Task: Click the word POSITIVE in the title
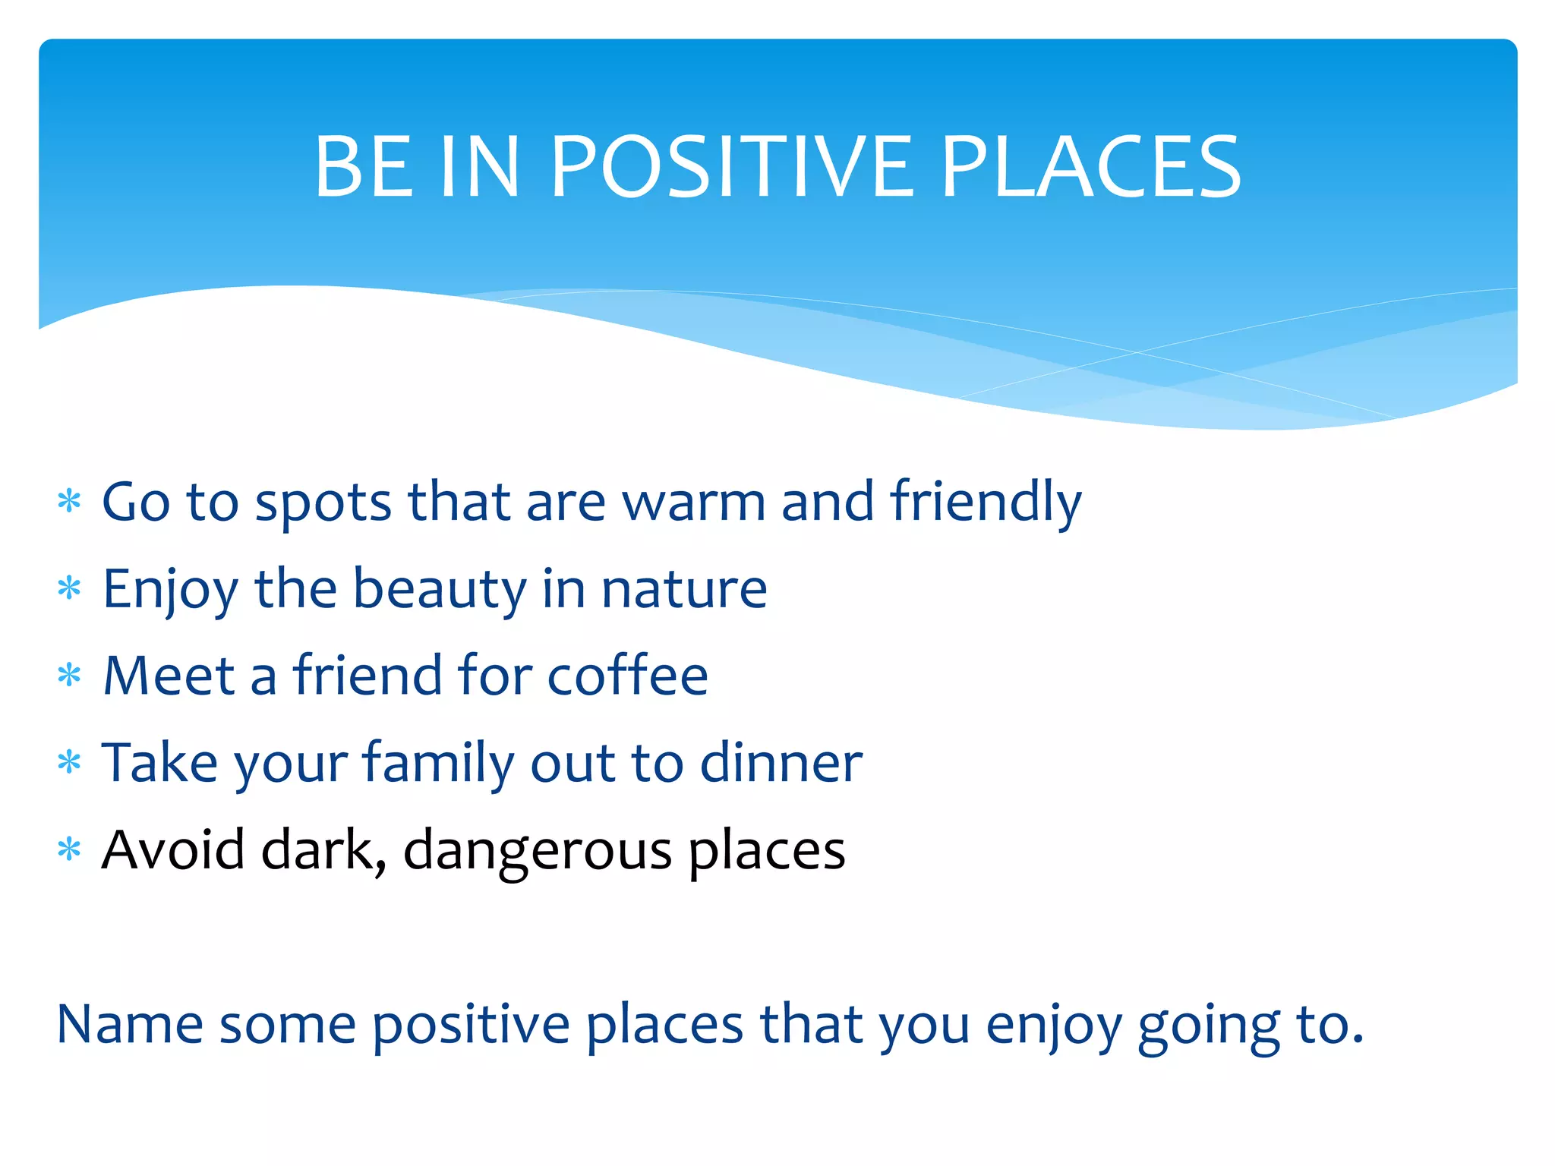[732, 166]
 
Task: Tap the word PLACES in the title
[1090, 166]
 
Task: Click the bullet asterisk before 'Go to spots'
[69, 502]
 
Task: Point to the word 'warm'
[693, 502]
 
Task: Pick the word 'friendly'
[986, 502]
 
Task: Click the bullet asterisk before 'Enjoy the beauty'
[69, 589]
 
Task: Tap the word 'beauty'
[439, 589]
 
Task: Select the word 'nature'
[684, 589]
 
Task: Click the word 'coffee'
[627, 676]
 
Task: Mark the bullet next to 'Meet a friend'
[69, 676]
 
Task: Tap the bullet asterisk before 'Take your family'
[69, 762]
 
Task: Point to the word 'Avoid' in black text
[173, 849]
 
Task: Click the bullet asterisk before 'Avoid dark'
[69, 849]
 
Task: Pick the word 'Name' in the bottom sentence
[130, 1024]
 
